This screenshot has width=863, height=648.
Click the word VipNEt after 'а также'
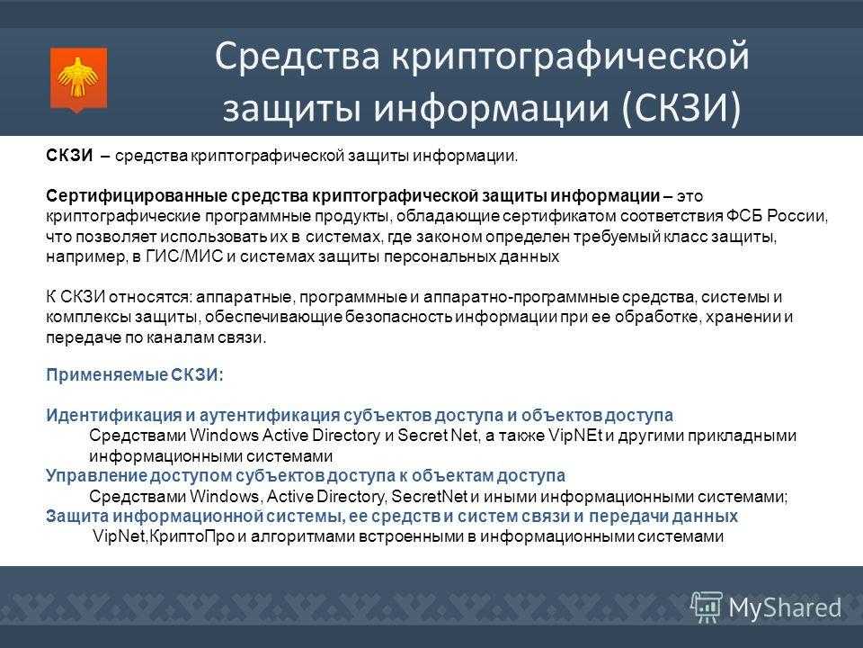pyautogui.click(x=575, y=436)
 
